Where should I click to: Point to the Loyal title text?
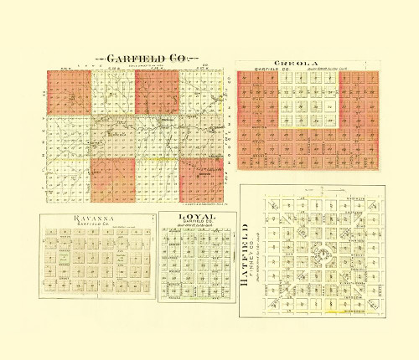coord(198,218)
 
